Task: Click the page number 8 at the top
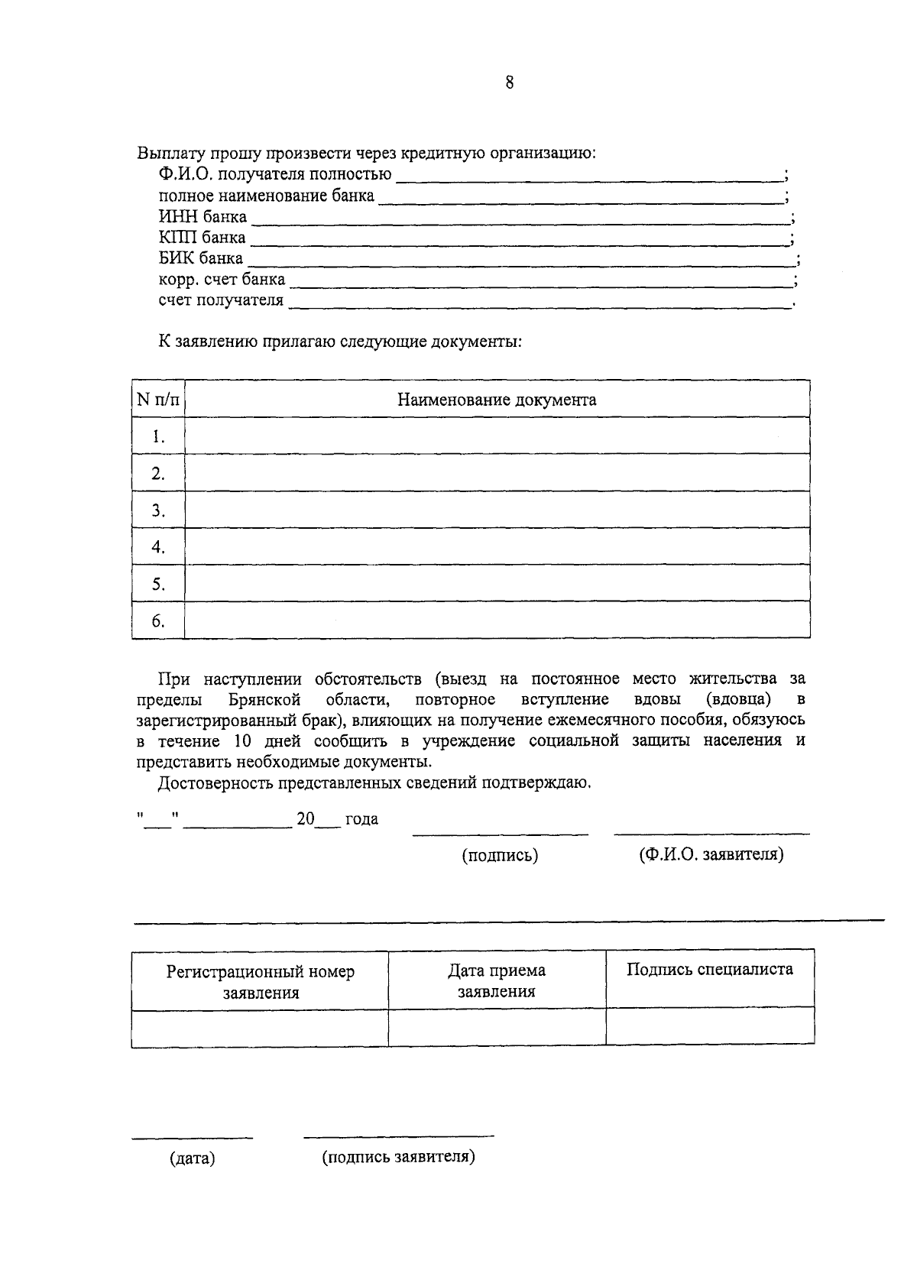coord(509,83)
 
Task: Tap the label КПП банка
coord(202,238)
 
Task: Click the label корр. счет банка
coord(222,280)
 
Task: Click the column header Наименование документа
coord(497,400)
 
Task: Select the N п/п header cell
coord(158,400)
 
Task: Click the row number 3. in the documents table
coord(158,510)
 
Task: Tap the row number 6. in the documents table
coord(158,620)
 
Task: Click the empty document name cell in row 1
coord(497,436)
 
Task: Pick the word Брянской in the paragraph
coord(264,700)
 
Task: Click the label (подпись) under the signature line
coord(500,856)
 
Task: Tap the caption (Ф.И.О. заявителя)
coord(711,854)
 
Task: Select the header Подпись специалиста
coord(709,970)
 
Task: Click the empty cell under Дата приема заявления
coord(497,1027)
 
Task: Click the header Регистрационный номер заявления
coord(261,982)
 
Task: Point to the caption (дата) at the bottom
coord(192,1158)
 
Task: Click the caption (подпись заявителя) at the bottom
coord(398,1157)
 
